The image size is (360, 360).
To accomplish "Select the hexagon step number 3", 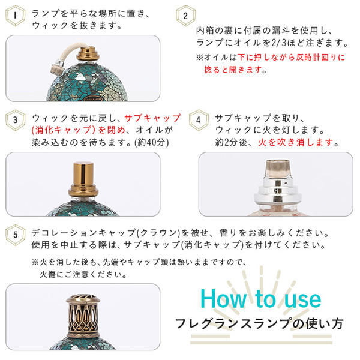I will [16, 119].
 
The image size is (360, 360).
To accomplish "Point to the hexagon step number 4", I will [199, 119].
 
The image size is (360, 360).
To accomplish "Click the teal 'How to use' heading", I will [260, 298].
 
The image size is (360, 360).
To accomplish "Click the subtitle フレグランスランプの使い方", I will [259, 324].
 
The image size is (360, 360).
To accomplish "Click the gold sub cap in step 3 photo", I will [83, 177].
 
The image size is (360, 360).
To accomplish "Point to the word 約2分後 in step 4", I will [235, 143].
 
